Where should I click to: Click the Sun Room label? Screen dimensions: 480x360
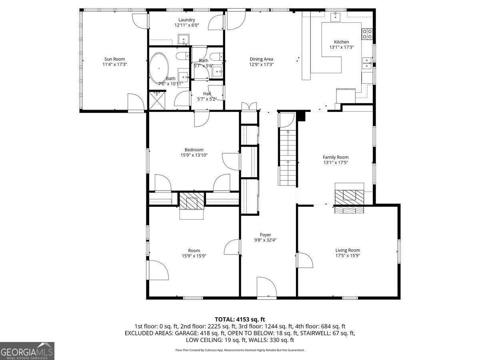point(114,59)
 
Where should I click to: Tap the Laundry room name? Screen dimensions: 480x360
point(186,20)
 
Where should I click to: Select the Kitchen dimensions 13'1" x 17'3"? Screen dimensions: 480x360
point(341,47)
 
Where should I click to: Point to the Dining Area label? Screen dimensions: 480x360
point(261,59)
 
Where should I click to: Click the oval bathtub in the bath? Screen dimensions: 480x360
point(159,68)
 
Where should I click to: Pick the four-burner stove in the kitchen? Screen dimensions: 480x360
point(367,34)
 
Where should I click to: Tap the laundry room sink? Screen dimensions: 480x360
point(184,40)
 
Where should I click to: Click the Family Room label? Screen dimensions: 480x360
point(336,157)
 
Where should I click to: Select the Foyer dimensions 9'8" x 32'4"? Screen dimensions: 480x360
point(265,240)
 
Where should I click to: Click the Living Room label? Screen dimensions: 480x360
point(348,250)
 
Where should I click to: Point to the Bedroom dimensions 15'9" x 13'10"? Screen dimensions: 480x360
point(194,155)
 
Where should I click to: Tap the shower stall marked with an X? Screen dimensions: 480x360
point(157,100)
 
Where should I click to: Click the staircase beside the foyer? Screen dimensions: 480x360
point(287,158)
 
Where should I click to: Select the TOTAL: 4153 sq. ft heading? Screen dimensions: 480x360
point(240,320)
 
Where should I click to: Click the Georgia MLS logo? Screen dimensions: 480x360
point(27,351)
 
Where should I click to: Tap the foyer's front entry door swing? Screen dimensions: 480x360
point(266,287)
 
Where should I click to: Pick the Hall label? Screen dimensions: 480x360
point(207,94)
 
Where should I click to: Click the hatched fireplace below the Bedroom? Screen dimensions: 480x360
point(192,201)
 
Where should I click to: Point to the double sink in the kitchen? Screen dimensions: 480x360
point(367,63)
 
